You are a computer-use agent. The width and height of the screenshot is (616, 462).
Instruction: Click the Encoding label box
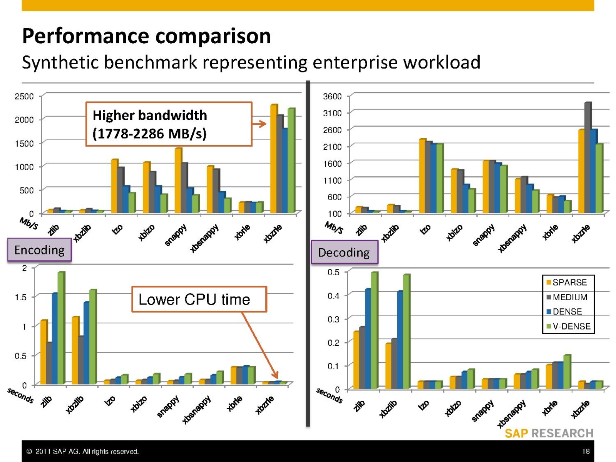(39, 250)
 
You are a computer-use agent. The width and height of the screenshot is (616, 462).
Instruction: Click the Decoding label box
(344, 253)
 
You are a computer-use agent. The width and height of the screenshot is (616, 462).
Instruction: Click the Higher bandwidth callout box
(169, 124)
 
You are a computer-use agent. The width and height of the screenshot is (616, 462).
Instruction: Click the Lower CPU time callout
(199, 299)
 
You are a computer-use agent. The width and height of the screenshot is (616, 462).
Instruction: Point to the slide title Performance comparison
(146, 36)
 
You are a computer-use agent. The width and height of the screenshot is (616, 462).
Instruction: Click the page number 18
(586, 451)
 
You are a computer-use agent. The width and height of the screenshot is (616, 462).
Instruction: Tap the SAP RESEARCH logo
(549, 434)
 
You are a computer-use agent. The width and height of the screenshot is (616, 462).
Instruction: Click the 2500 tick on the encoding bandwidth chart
(24, 96)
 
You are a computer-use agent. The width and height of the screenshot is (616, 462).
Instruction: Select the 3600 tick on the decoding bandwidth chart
(332, 96)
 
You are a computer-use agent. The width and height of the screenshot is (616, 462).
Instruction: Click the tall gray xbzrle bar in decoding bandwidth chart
(588, 158)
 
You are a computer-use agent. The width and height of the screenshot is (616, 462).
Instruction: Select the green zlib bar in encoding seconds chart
(61, 328)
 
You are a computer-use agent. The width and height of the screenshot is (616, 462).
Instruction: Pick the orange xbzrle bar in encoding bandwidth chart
(273, 159)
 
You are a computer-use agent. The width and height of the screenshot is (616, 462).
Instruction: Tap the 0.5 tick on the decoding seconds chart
(333, 272)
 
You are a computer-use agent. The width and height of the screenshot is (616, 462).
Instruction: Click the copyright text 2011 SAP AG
(82, 451)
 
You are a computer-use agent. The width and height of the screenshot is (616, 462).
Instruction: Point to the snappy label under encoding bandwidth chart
(176, 234)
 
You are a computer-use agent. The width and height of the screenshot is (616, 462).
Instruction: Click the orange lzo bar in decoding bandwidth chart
(422, 176)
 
